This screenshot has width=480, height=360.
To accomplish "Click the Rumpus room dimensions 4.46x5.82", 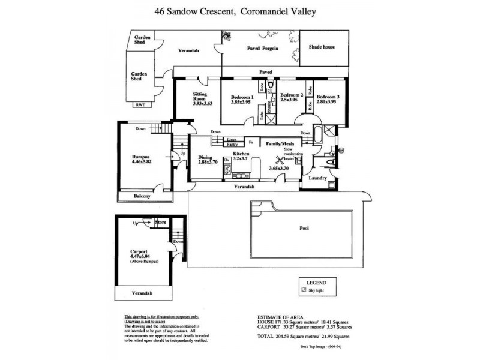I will pyautogui.click(x=142, y=162).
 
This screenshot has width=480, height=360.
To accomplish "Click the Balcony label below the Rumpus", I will pyautogui.click(x=142, y=196).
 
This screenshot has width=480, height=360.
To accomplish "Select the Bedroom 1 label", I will pyautogui.click(x=242, y=97).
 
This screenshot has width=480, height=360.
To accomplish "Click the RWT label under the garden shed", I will pyautogui.click(x=140, y=105).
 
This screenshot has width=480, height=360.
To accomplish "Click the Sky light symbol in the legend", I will pyautogui.click(x=304, y=289).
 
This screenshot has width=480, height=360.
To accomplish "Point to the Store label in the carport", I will pyautogui.click(x=160, y=223).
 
